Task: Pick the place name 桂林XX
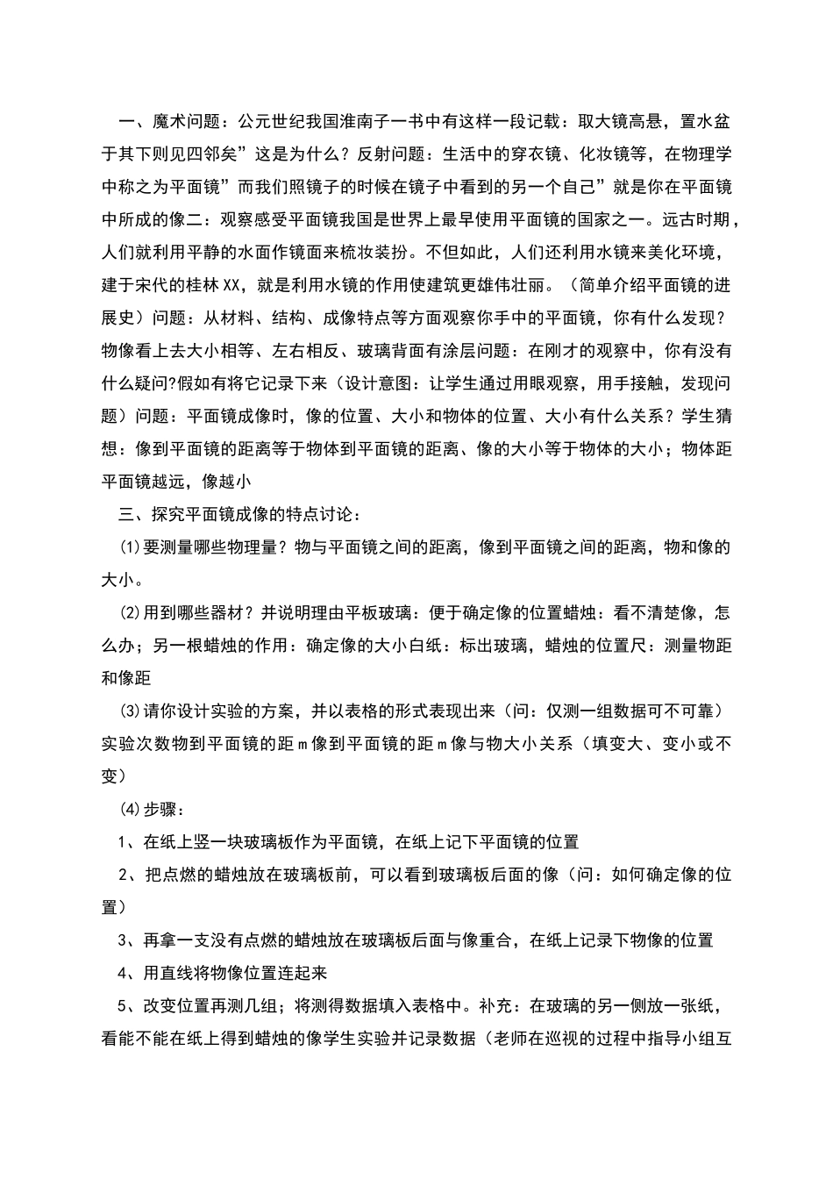pyautogui.click(x=210, y=285)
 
